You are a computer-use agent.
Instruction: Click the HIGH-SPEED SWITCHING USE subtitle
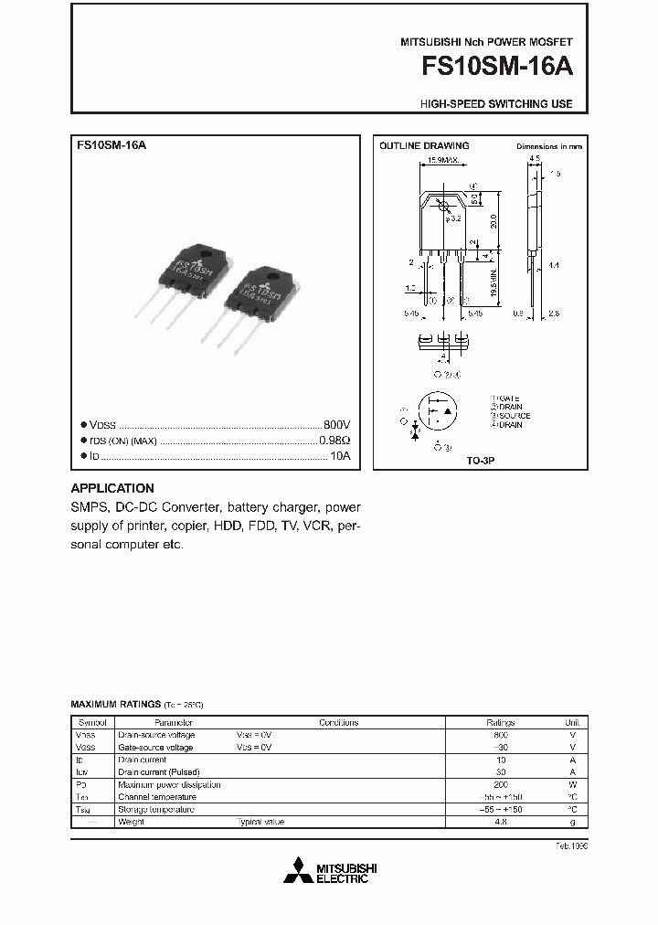[496, 104]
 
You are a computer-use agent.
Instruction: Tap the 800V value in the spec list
[336, 425]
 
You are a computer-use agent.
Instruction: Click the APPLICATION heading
[112, 488]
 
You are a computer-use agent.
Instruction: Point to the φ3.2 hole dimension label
[453, 218]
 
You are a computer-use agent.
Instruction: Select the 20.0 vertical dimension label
[494, 222]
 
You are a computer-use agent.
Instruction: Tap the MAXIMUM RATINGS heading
[116, 705]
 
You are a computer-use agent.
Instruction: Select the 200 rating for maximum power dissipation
[501, 784]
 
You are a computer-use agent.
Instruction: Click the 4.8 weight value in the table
[501, 822]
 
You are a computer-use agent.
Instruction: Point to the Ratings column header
[501, 722]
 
